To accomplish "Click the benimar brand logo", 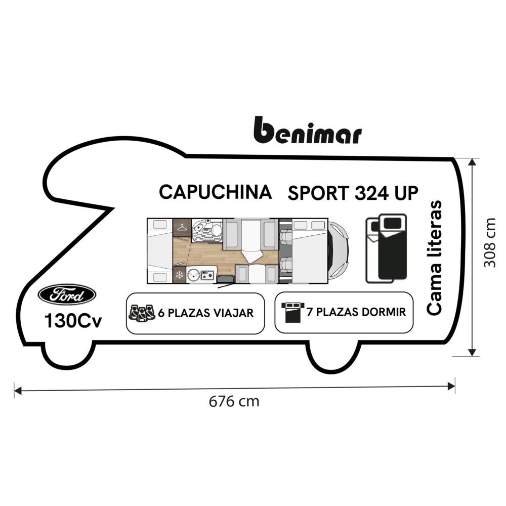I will pyautogui.click(x=307, y=131).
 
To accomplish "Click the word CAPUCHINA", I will pyautogui.click(x=215, y=192).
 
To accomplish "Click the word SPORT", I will pyautogui.click(x=318, y=193).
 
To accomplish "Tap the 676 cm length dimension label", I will pyautogui.click(x=234, y=402).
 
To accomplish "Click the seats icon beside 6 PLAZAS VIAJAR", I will pyautogui.click(x=142, y=312).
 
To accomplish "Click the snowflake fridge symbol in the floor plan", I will pyautogui.click(x=179, y=275).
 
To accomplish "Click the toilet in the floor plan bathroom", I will pyautogui.click(x=216, y=231).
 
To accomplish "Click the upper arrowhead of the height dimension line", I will pyautogui.click(x=473, y=161).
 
